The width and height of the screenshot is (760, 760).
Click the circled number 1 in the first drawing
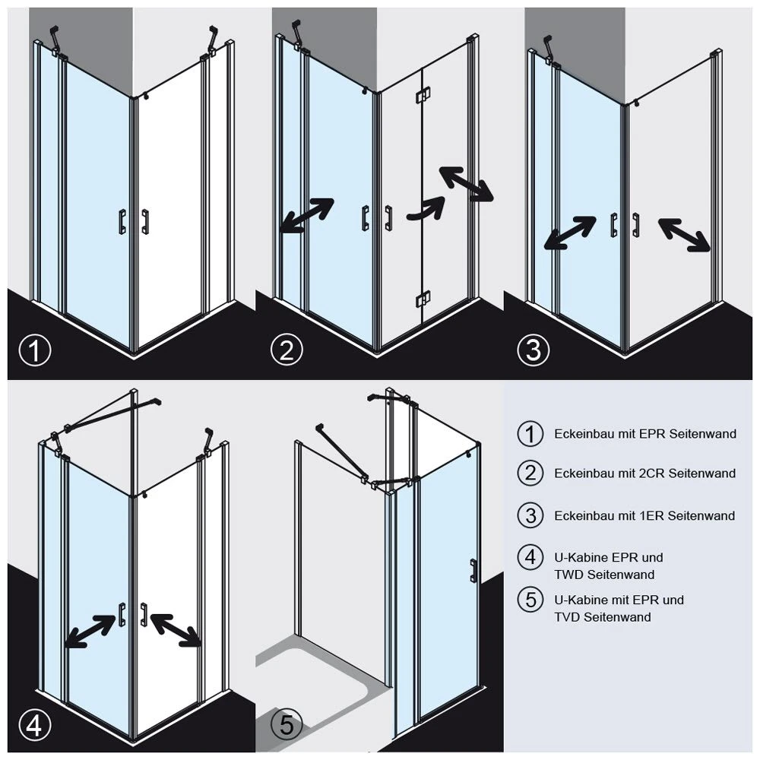pyautogui.click(x=34, y=351)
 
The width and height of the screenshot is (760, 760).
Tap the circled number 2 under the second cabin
pyautogui.click(x=287, y=350)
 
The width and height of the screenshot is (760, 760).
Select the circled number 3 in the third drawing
pyautogui.click(x=533, y=350)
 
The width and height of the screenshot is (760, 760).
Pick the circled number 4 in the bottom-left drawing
pyautogui.click(x=34, y=727)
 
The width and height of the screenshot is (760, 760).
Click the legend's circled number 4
pyautogui.click(x=530, y=556)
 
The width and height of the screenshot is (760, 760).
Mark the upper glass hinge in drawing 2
pyautogui.click(x=420, y=99)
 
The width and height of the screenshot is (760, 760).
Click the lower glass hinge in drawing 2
pyautogui.click(x=421, y=299)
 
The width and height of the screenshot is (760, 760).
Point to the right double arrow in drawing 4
pyautogui.click(x=176, y=630)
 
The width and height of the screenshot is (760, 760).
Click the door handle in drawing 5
pyautogui.click(x=473, y=571)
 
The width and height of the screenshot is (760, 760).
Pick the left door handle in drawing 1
pyautogui.click(x=122, y=220)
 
